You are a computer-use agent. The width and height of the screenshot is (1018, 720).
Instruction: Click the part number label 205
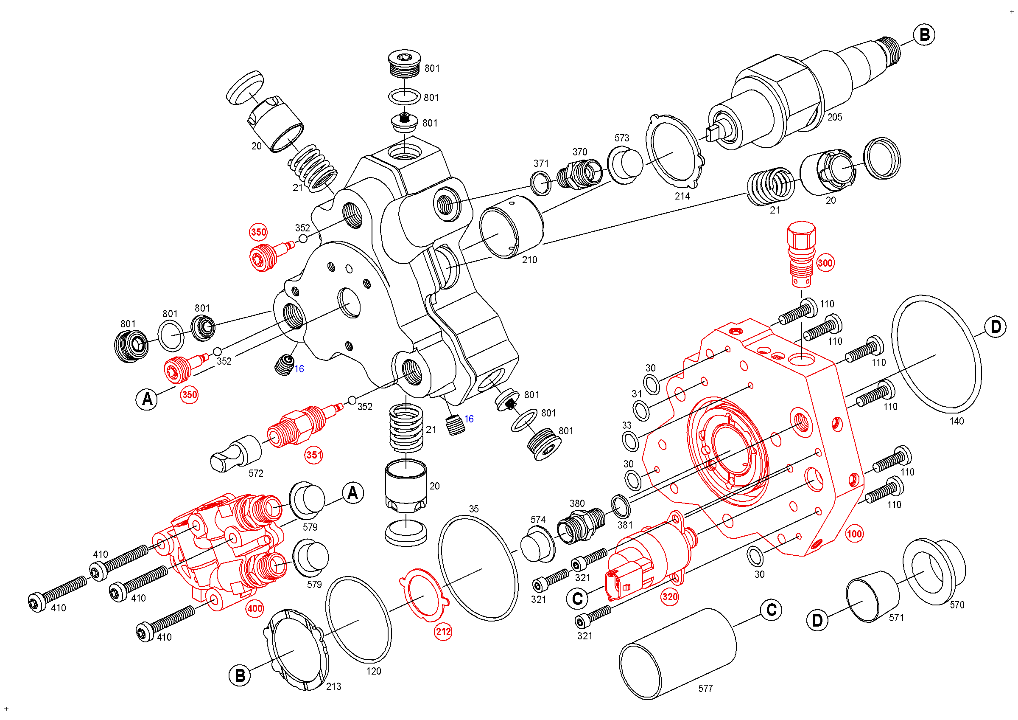point(834,117)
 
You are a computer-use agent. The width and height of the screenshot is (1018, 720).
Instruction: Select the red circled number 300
point(825,263)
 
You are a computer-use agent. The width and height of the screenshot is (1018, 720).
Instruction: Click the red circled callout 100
point(854,534)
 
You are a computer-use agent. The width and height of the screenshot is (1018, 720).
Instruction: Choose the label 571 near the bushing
point(896,618)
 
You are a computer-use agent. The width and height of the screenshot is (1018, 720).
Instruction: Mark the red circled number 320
point(669,596)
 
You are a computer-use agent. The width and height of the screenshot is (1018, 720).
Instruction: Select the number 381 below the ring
point(625,525)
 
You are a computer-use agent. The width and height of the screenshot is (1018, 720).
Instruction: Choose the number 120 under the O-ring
point(373,671)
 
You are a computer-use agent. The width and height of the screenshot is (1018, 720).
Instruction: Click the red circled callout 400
point(255,609)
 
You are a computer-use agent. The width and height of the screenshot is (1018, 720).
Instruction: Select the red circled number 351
point(313,455)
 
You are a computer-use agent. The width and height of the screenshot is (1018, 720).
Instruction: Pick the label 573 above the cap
point(622,138)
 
